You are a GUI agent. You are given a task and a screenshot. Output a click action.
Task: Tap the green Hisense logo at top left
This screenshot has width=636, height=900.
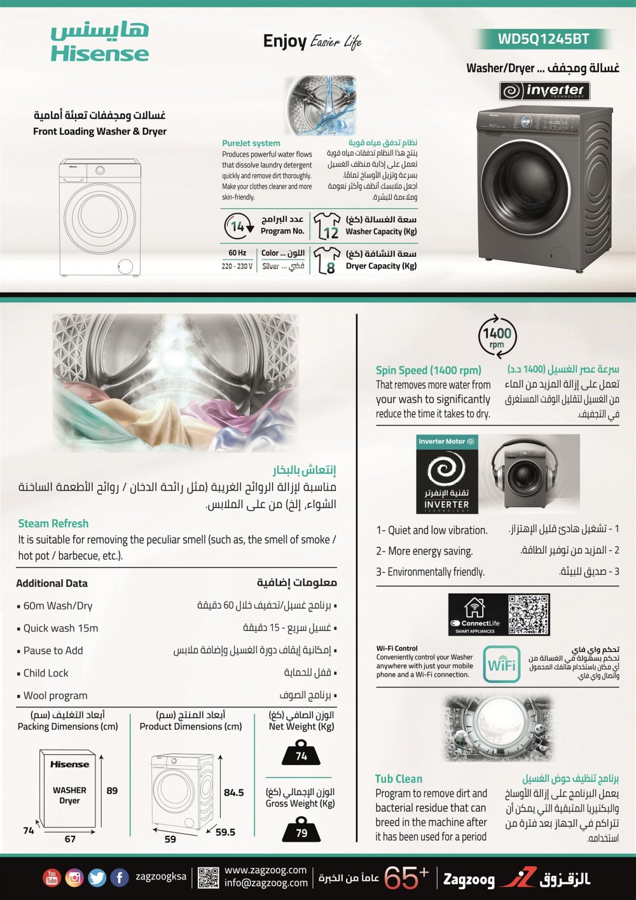pyautogui.click(x=99, y=43)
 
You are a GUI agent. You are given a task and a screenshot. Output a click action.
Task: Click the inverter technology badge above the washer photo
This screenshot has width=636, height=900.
pyautogui.click(x=545, y=91)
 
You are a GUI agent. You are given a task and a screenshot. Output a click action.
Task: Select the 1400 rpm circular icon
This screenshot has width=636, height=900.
pyautogui.click(x=497, y=336)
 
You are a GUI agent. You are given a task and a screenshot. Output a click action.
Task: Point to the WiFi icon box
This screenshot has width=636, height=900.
pyautogui.click(x=501, y=665)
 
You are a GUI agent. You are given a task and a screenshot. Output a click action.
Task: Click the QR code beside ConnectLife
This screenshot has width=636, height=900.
pyautogui.click(x=529, y=614)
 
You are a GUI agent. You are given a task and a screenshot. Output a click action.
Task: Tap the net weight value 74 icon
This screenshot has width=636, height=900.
pyautogui.click(x=301, y=754)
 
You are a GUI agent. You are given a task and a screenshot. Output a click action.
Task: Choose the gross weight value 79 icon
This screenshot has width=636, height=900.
pyautogui.click(x=301, y=831)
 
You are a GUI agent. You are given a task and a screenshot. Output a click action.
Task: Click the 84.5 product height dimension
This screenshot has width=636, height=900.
pyautogui.click(x=233, y=793)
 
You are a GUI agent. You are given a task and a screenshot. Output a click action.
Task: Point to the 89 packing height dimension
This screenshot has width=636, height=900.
pyautogui.click(x=112, y=791)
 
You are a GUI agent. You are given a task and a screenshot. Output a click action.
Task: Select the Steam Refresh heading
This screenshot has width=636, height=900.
pyautogui.click(x=53, y=523)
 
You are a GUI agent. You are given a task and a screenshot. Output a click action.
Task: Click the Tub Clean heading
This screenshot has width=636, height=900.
pyautogui.click(x=399, y=779)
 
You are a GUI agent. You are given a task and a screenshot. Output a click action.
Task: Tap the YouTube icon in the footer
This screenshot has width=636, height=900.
pyautogui.click(x=52, y=878)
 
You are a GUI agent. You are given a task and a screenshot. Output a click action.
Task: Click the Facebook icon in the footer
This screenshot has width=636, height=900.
pyautogui.click(x=120, y=878)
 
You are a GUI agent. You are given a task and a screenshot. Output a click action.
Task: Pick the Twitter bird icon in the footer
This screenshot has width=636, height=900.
pyautogui.click(x=97, y=878)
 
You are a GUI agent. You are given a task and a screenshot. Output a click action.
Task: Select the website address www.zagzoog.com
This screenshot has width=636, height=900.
pyautogui.click(x=265, y=870)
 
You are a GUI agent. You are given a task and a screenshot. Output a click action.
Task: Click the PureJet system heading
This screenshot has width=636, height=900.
pyautogui.click(x=251, y=143)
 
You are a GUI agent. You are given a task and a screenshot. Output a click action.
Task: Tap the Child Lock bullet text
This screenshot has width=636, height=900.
pyautogui.click(x=46, y=673)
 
